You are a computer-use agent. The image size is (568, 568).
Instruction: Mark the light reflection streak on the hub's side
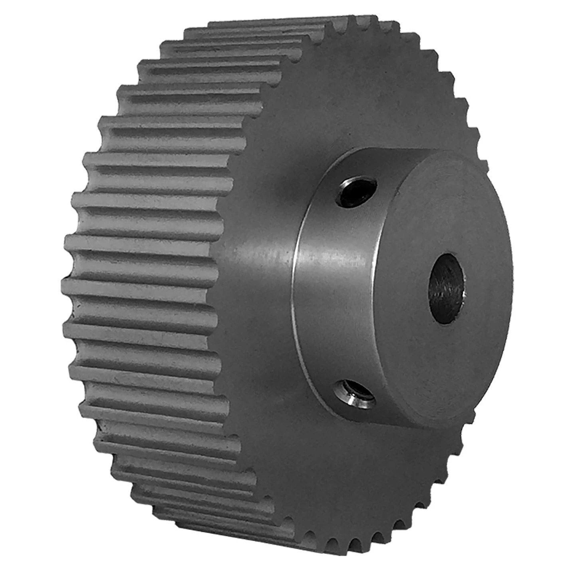click(332, 260)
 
